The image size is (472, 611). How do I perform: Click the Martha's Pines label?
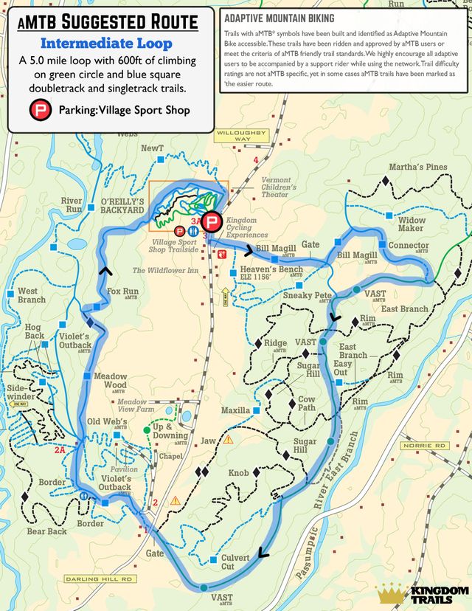(417, 168)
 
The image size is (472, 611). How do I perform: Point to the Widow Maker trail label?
(412, 224)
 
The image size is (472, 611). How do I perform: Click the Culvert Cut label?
(235, 562)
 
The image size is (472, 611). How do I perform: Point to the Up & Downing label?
(170, 431)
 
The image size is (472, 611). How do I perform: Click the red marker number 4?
(256, 160)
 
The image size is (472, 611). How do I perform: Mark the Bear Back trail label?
(46, 531)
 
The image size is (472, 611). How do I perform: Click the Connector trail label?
(408, 246)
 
